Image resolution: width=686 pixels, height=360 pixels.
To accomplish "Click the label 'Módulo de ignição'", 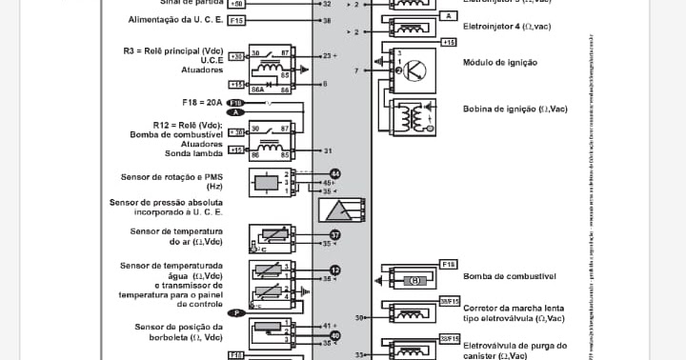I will [500, 62].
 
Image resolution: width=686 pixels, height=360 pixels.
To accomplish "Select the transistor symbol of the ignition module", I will [412, 70].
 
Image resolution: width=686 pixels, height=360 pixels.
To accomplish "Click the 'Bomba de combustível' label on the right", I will [509, 277].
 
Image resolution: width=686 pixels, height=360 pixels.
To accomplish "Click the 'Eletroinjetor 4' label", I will [509, 28].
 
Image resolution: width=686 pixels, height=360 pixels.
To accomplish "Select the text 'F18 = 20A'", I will [201, 102].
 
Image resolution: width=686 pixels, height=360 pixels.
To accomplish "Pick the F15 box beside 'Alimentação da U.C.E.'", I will [236, 19].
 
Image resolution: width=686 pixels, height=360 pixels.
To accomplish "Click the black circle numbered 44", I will [334, 173].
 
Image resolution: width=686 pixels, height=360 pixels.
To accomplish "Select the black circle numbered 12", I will [334, 270].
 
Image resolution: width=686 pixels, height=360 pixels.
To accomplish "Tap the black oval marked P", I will [236, 312].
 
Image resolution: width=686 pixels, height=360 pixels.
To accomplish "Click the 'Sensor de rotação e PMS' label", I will [171, 177].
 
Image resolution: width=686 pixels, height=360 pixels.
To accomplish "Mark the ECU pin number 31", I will [328, 150].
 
